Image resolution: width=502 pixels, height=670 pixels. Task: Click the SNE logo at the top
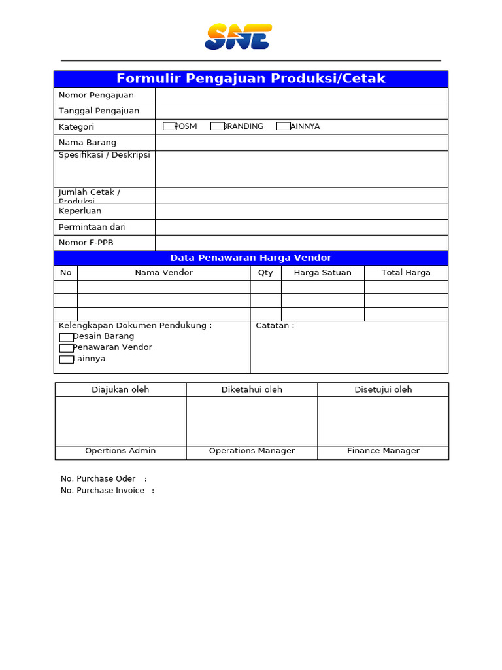238,37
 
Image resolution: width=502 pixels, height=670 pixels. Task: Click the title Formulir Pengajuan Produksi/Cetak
251,79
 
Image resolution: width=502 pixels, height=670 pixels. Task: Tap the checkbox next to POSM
169,126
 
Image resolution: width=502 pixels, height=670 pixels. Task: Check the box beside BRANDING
217,126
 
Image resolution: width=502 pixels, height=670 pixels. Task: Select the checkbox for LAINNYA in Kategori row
283,126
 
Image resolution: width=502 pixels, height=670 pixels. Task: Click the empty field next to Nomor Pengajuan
301,95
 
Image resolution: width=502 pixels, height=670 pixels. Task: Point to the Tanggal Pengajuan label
99,111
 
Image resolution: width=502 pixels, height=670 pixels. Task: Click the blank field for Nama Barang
301,143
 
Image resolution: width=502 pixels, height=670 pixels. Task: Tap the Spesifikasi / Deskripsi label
105,155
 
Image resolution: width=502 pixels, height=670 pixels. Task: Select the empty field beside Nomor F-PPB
301,243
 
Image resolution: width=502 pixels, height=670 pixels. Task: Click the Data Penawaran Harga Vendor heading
251,258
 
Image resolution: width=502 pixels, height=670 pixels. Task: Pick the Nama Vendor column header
163,273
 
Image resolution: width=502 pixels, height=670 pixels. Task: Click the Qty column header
265,273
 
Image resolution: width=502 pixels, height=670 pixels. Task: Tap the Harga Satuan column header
322,273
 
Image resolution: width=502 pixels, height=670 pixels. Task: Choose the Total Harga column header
406,273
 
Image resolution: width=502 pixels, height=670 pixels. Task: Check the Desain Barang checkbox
66,337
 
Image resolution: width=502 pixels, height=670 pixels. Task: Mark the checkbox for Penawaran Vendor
66,348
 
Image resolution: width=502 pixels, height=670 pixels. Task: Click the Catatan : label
275,326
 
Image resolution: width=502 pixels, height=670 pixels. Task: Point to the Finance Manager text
383,451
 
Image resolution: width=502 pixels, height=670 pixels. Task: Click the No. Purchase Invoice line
107,491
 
